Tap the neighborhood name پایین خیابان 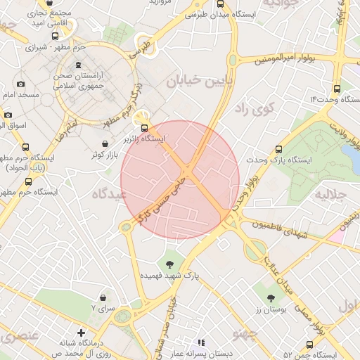[195, 81]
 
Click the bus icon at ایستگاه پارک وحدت [279, 149]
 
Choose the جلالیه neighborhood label [331, 193]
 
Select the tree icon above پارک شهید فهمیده [169, 264]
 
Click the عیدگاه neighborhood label [108, 192]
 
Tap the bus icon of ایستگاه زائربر [144, 128]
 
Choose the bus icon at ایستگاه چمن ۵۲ [309, 344]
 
